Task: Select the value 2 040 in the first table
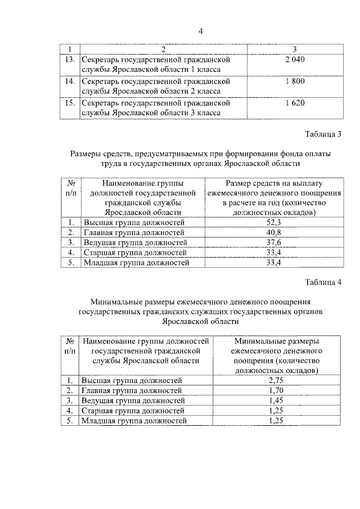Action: pyautogui.click(x=294, y=59)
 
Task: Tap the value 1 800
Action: pyautogui.click(x=294, y=81)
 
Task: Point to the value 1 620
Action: pyautogui.click(x=294, y=103)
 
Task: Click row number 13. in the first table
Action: pyautogui.click(x=69, y=59)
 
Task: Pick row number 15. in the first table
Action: pyautogui.click(x=69, y=103)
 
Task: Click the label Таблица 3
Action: pyautogui.click(x=323, y=134)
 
